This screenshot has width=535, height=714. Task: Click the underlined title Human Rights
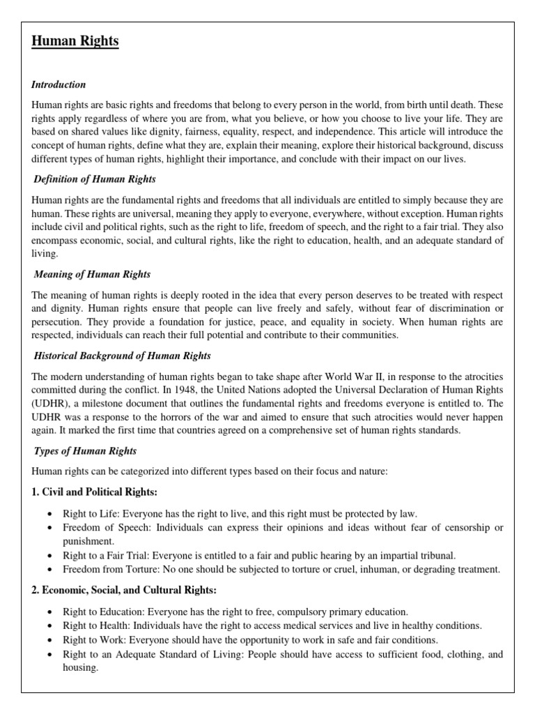pyautogui.click(x=75, y=42)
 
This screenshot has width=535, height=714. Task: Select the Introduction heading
pyautogui.click(x=59, y=84)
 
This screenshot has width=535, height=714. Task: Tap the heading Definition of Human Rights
pyautogui.click(x=96, y=179)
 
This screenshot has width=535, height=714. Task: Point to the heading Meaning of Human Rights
pyautogui.click(x=93, y=274)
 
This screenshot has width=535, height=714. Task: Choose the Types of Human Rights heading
pyautogui.click(x=86, y=451)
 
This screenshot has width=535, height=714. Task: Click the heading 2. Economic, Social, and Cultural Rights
pyautogui.click(x=124, y=590)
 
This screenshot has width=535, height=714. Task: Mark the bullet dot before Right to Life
pyautogui.click(x=49, y=514)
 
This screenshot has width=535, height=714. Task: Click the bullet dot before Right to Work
pyautogui.click(x=49, y=640)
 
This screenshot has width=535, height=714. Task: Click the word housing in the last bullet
pyautogui.click(x=80, y=667)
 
